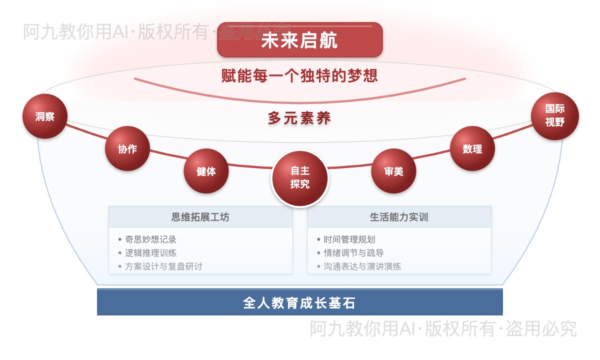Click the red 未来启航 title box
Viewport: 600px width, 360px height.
coord(299,39)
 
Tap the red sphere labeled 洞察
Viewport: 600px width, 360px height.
coord(44,116)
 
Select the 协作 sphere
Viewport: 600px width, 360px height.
coord(127,148)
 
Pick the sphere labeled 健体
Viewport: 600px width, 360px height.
coord(206,171)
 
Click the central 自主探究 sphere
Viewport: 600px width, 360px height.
coord(300,178)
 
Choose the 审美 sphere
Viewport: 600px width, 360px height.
coord(393,171)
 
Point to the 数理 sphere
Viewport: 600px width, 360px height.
coord(472,148)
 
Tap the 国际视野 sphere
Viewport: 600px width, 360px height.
coord(554,115)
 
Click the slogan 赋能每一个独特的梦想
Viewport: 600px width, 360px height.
coord(299,75)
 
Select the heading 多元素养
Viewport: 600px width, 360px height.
coord(299,118)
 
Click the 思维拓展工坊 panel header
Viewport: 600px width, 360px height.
coord(200,217)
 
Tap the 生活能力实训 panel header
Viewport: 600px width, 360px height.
coord(399,217)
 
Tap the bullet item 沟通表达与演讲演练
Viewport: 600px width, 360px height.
coord(362,266)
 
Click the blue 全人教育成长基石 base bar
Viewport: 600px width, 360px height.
coord(299,303)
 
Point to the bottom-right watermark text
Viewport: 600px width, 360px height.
coord(443,329)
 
